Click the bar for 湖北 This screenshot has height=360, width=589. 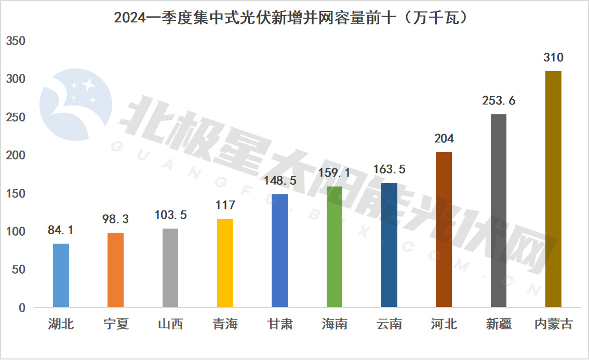pos(61,275)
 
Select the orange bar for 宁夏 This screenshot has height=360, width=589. pos(115,270)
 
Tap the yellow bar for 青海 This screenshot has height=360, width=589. pos(225,263)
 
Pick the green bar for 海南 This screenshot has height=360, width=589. pos(334,247)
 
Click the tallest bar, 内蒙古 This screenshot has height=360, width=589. pos(553,189)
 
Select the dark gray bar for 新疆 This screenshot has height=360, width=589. pos(499,211)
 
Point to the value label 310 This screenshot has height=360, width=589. pos(553,58)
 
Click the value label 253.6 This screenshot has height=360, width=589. pos(499,101)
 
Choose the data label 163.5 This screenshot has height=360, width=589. pos(390,169)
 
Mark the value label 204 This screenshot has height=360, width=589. pos(444,139)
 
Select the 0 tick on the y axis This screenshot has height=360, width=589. pos(22,308)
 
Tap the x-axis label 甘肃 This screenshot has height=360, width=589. pos(279,325)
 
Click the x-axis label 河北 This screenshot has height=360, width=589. pos(444,325)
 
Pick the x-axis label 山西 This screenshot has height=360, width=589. pos(170,325)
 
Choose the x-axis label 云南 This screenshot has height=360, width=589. pos(390,325)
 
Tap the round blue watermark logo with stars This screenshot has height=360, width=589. pos(76,104)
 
